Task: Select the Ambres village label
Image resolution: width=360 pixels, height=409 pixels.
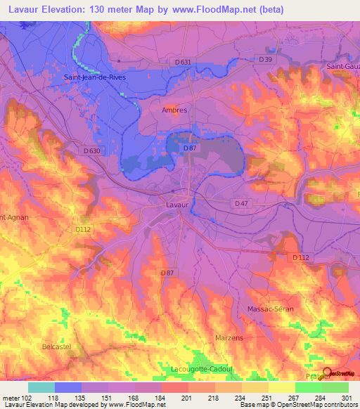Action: [174, 110]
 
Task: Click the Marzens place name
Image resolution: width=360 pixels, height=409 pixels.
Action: [230, 338]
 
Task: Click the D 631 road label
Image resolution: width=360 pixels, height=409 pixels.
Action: [182, 62]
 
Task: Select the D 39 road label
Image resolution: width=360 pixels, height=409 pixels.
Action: [265, 60]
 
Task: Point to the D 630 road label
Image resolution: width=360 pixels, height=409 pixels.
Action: [91, 150]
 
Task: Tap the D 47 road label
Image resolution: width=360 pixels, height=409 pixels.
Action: [241, 203]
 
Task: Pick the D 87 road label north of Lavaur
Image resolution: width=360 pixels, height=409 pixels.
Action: [189, 148]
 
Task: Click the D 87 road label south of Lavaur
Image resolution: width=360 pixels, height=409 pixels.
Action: [167, 273]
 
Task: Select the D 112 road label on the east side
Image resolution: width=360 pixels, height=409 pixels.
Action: [300, 258]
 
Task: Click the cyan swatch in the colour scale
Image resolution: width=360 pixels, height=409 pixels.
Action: [41, 387]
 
